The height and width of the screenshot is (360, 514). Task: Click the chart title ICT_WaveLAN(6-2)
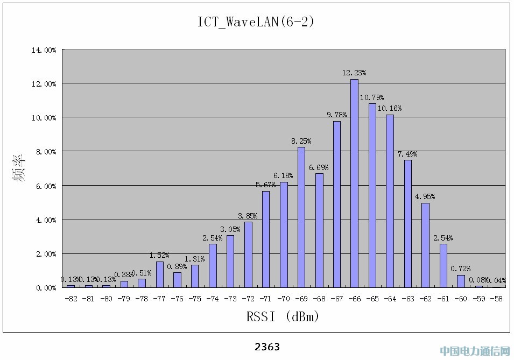[256, 22]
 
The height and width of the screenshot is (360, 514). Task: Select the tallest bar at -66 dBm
[354, 183]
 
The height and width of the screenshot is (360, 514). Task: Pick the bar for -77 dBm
[160, 274]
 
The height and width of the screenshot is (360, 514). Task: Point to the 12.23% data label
[354, 73]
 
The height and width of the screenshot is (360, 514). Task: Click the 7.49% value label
[407, 154]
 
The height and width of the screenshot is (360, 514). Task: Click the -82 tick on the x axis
[71, 298]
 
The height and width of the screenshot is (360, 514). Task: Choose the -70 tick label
[284, 298]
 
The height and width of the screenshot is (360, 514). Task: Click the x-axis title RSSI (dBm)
[283, 316]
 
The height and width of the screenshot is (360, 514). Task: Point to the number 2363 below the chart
[267, 347]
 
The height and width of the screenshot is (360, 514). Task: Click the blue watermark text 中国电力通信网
[475, 351]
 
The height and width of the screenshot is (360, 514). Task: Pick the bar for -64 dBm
[390, 201]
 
